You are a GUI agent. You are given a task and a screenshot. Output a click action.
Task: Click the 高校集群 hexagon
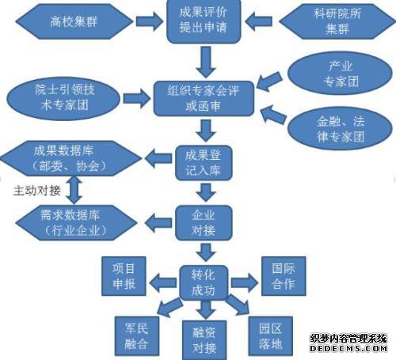point(74,21)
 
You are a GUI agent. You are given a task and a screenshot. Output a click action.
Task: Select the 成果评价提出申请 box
point(204,21)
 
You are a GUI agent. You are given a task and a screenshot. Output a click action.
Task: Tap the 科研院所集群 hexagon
point(337,21)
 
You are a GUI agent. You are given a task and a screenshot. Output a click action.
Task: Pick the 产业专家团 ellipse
point(340,74)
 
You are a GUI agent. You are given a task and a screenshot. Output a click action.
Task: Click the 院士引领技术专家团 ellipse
point(63,99)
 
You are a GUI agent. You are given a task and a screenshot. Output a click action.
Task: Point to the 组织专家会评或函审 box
point(204,99)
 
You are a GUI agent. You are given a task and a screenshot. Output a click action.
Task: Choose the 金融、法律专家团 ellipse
point(340,129)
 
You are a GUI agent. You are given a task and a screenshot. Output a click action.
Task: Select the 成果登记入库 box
point(204,163)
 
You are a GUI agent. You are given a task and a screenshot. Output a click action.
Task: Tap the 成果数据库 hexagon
point(70,158)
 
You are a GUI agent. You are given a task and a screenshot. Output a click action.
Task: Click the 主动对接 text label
point(37,191)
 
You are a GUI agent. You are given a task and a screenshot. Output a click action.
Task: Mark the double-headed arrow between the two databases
point(74,191)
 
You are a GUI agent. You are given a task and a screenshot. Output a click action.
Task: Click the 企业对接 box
point(204,223)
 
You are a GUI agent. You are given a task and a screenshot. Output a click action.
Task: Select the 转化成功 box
point(204,282)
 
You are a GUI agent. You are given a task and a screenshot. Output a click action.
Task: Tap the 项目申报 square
point(124,276)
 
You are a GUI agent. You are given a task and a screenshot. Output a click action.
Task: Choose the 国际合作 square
point(284,276)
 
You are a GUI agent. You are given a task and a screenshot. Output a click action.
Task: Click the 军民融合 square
point(137,336)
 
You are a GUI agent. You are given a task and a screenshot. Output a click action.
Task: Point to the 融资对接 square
point(204,340)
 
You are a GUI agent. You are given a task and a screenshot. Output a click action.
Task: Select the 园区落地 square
point(271,336)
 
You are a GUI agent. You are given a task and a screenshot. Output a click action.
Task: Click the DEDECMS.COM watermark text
point(348,348)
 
